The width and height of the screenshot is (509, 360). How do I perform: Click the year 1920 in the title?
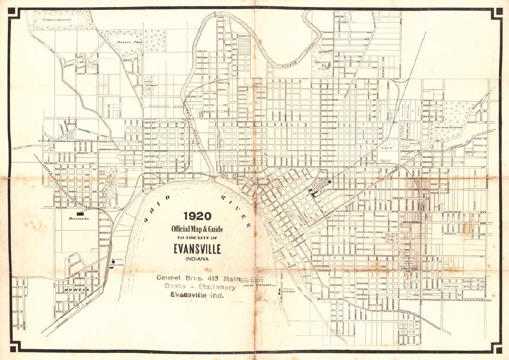(197, 216)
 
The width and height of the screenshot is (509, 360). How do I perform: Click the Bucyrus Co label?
(79, 218)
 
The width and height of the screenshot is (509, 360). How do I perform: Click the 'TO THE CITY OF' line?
(197, 237)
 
